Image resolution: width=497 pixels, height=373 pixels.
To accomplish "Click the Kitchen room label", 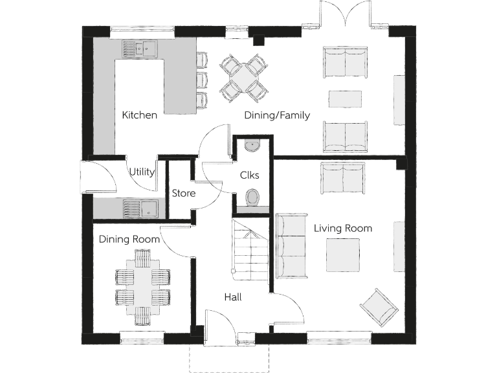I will [140, 115].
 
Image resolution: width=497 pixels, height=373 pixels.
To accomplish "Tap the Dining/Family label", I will [276, 115].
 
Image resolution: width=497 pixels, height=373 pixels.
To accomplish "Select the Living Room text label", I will [342, 228].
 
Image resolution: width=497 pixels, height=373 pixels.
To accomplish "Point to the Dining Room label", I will [129, 239].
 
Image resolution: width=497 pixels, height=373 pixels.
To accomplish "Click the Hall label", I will [233, 297].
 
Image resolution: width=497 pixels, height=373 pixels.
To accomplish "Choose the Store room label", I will [183, 193].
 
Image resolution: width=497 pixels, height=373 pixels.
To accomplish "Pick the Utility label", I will [142, 172].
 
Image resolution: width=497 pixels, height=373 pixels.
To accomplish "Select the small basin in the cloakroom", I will [252, 146].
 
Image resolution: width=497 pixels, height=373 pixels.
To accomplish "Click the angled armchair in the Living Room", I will [379, 306].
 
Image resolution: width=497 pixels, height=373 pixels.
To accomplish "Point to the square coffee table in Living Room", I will [342, 255].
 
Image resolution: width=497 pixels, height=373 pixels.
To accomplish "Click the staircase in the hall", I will [249, 251].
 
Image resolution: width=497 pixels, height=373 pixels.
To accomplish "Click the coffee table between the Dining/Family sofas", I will [345, 99].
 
